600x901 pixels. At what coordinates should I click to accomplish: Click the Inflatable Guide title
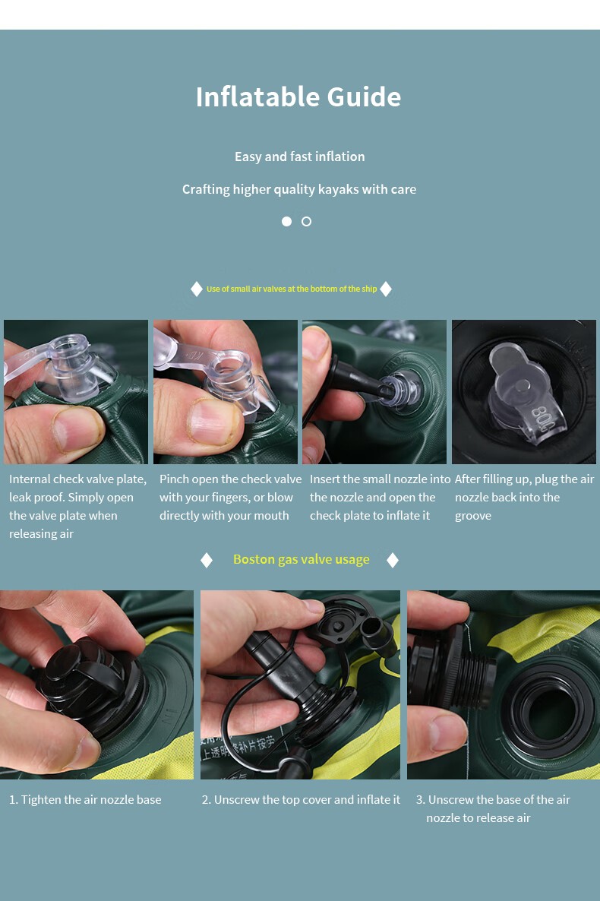coord(298,96)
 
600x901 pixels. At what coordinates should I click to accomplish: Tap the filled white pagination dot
coord(287,221)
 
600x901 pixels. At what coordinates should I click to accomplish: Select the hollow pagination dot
coord(306,221)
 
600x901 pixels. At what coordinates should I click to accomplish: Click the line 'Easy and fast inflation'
coord(299,156)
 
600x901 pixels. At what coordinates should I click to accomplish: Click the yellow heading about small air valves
coord(292,289)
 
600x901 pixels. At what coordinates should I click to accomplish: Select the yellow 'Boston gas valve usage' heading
coord(302,560)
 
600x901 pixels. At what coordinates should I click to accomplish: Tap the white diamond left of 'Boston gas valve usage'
coord(207,560)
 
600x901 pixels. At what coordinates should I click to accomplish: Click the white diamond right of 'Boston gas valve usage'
coord(393,560)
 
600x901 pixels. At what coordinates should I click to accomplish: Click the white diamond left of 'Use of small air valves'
coord(197,289)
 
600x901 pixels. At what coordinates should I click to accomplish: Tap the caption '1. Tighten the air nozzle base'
coord(85,799)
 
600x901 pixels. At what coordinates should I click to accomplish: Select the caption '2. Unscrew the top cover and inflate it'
coord(301,799)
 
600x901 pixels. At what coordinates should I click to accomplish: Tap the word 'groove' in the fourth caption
coord(473,515)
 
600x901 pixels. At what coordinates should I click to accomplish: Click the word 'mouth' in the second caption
coord(270,515)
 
